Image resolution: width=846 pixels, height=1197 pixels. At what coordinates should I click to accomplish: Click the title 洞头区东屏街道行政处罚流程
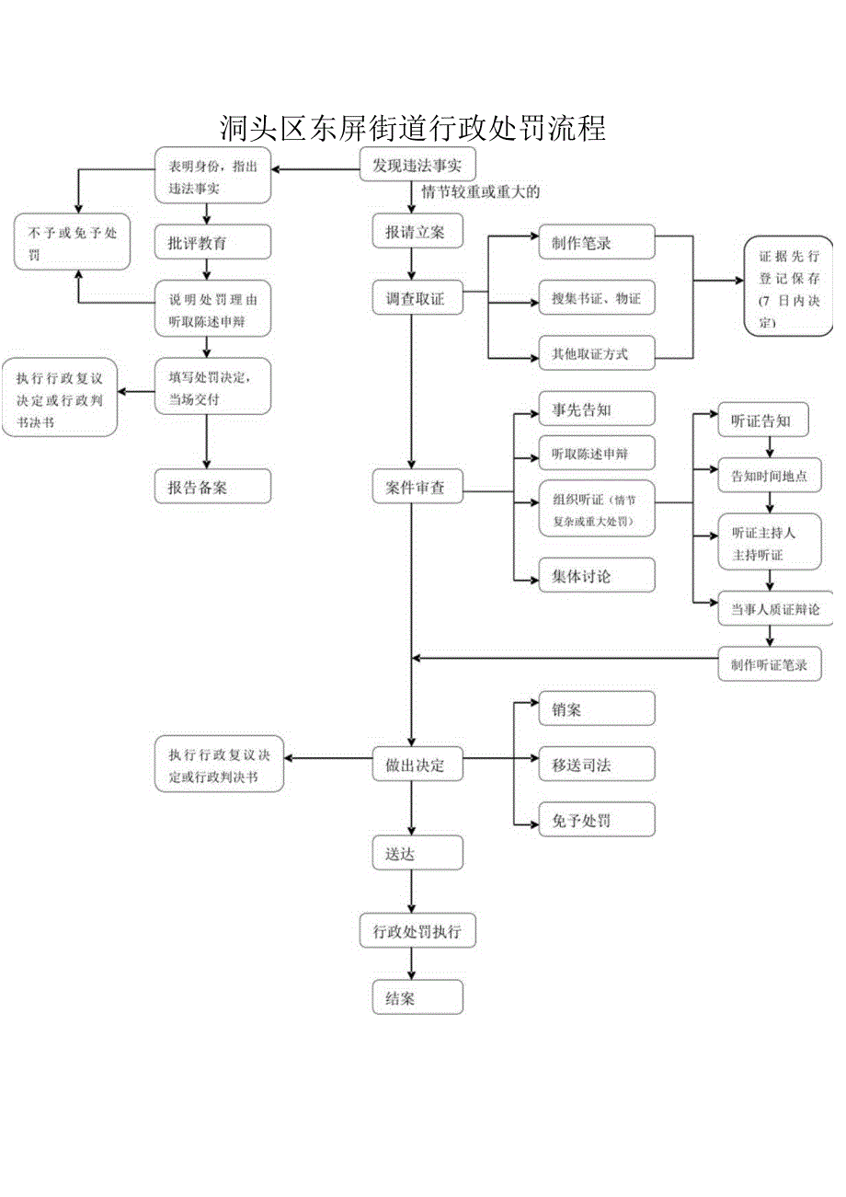coord(413,128)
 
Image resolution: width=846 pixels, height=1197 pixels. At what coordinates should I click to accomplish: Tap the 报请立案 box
coord(417,233)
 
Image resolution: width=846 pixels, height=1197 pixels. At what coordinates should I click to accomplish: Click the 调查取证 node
coord(417,298)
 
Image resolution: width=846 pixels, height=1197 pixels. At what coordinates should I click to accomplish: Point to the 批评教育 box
coord(212,243)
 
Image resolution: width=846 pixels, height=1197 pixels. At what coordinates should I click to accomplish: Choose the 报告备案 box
coord(212,487)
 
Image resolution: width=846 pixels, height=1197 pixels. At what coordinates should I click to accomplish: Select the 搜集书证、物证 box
coord(596,298)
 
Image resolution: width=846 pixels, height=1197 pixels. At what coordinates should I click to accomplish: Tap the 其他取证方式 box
coord(596,353)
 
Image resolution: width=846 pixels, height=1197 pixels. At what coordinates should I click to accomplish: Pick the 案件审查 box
coord(417,488)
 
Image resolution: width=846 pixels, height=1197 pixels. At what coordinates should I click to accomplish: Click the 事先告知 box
coord(596,409)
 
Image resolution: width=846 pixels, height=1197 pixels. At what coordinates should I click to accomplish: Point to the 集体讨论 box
coord(596,577)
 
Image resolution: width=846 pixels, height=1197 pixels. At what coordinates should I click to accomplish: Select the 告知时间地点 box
coord(770,476)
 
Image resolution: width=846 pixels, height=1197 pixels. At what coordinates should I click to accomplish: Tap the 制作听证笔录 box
coord(770,664)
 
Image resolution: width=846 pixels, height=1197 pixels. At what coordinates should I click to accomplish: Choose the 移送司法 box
coord(596,764)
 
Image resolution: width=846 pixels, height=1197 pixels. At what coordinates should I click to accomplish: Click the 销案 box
coord(596,709)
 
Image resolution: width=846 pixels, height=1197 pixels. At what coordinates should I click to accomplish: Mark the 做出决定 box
coord(417,765)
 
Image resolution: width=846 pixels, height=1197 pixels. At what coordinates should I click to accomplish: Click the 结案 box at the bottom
coord(417,998)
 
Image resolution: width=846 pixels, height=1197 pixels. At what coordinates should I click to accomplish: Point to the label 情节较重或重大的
coord(480,193)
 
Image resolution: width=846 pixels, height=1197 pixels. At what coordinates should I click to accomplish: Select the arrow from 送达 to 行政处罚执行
coord(411,891)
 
